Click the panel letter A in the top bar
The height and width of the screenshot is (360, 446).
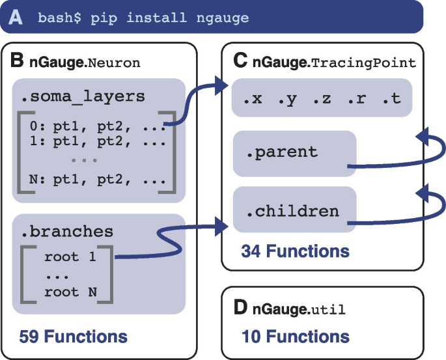tap(15, 17)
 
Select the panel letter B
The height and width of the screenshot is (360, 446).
tap(18, 61)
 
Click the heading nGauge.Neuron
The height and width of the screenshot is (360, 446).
tap(84, 62)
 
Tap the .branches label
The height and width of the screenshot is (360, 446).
tap(66, 231)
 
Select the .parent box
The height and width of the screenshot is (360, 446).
tap(294, 153)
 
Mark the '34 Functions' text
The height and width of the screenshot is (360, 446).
tap(295, 251)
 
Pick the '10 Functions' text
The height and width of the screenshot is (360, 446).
tap(295, 337)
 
